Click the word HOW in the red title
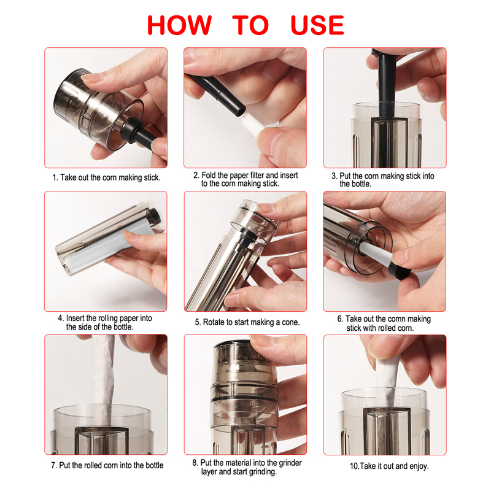179,25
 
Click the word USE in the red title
317,25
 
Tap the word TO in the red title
250,25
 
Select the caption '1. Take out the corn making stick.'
106,177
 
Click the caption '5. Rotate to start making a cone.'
247,322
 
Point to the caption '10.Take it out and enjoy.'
389,466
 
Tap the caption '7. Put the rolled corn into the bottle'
107,465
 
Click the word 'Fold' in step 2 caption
208,175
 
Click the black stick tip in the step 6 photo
400,270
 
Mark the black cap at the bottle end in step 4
155,216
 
